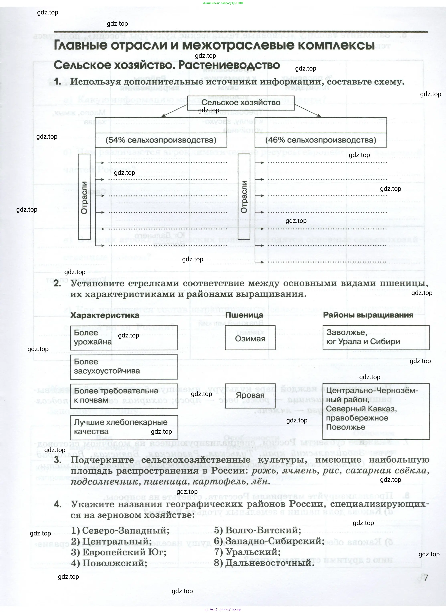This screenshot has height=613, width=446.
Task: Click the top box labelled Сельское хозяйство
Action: click(241, 103)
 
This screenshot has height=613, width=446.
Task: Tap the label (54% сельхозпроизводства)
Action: click(161, 140)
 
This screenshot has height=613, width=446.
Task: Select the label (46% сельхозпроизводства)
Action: click(321, 140)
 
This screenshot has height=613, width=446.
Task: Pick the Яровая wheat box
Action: click(250, 395)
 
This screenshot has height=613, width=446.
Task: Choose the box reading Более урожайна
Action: click(124, 338)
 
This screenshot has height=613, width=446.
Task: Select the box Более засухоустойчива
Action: click(124, 367)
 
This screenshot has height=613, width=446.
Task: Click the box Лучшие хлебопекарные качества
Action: click(124, 427)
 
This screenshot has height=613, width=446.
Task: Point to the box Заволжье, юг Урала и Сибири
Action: click(376, 337)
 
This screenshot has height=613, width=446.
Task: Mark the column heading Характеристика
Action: click(105, 315)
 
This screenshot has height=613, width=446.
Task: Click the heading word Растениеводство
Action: click(229, 65)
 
